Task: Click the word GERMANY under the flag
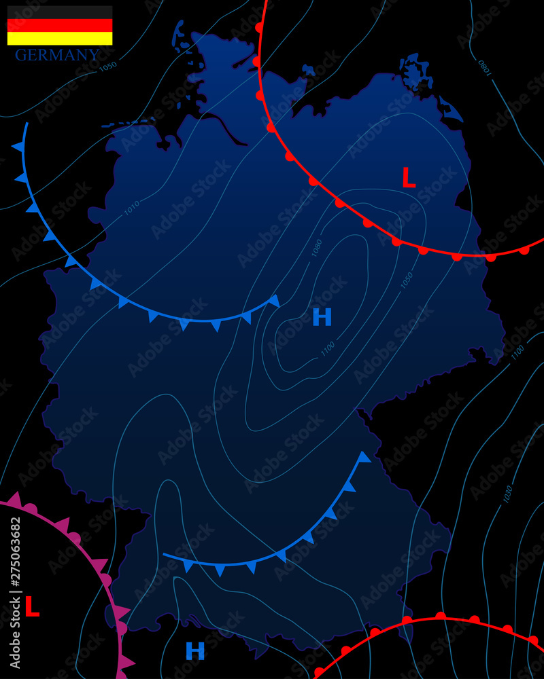pos(57,56)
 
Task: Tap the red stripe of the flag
pos(60,26)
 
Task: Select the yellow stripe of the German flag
pos(60,39)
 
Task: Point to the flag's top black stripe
pos(60,12)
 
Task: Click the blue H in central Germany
pos(322,317)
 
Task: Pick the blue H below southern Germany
pos(195,652)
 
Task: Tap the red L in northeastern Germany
pos(408,179)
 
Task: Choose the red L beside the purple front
pos(31,607)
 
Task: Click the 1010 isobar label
pos(132,208)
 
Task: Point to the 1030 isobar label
pos(507,494)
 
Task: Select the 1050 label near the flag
pos(108,67)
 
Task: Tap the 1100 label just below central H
pos(328,348)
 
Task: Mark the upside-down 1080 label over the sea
pos(483,68)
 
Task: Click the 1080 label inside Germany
pos(317,247)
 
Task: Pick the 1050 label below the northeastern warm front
pos(407,280)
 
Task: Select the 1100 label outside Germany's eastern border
pos(517,352)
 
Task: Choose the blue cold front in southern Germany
pos(286,550)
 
